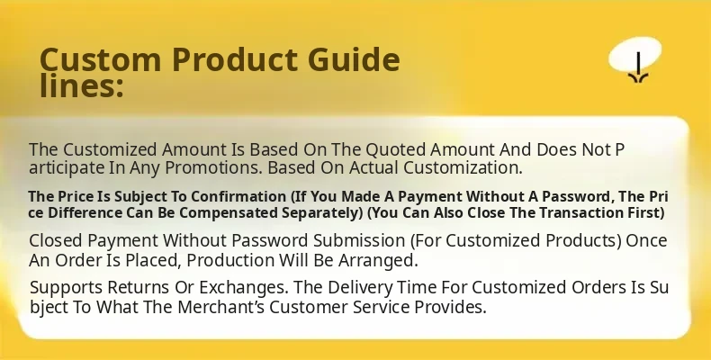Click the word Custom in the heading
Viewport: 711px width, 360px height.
[100, 59]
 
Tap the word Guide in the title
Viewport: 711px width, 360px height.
[354, 59]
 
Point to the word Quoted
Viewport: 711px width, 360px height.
[395, 149]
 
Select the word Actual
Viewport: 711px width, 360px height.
[374, 167]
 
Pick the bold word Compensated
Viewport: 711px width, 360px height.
[228, 212]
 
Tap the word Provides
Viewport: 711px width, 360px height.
[450, 307]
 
